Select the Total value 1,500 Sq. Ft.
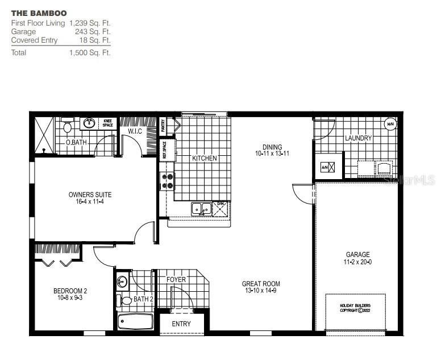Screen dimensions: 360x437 tap(90, 53)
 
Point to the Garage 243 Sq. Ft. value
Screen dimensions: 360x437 tap(93, 32)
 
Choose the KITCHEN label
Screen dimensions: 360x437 tap(204, 158)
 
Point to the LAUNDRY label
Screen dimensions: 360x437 tap(358, 138)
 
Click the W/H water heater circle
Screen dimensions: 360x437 tap(390, 124)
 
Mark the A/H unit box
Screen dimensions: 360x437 tap(326, 168)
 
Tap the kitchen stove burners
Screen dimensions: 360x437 tap(168, 180)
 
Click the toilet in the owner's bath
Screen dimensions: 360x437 tap(68, 126)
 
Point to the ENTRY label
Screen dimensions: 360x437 tap(181, 324)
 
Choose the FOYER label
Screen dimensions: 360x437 tap(176, 280)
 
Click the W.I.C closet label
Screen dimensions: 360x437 tap(135, 132)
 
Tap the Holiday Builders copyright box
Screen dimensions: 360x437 tap(355, 308)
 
